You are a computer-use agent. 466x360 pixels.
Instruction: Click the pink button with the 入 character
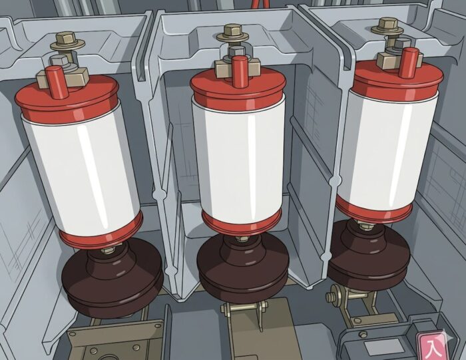click(x=433, y=346)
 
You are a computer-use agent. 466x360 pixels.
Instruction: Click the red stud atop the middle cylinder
click(x=239, y=71)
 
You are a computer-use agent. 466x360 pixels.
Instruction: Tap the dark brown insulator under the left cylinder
click(x=113, y=277)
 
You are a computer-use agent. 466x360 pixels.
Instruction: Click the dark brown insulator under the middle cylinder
click(x=243, y=269)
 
